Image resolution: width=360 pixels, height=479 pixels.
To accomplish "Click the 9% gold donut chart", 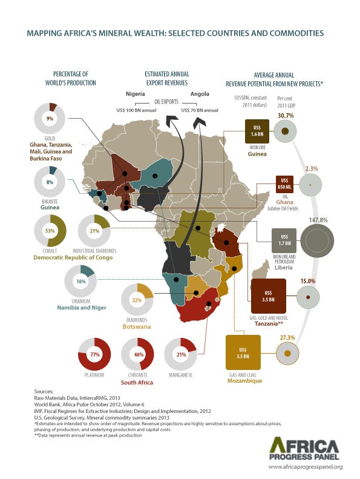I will click(50, 119).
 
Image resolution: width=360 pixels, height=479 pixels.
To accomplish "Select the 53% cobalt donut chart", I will click(50, 231).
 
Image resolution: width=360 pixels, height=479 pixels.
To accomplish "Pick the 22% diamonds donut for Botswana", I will click(137, 300).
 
